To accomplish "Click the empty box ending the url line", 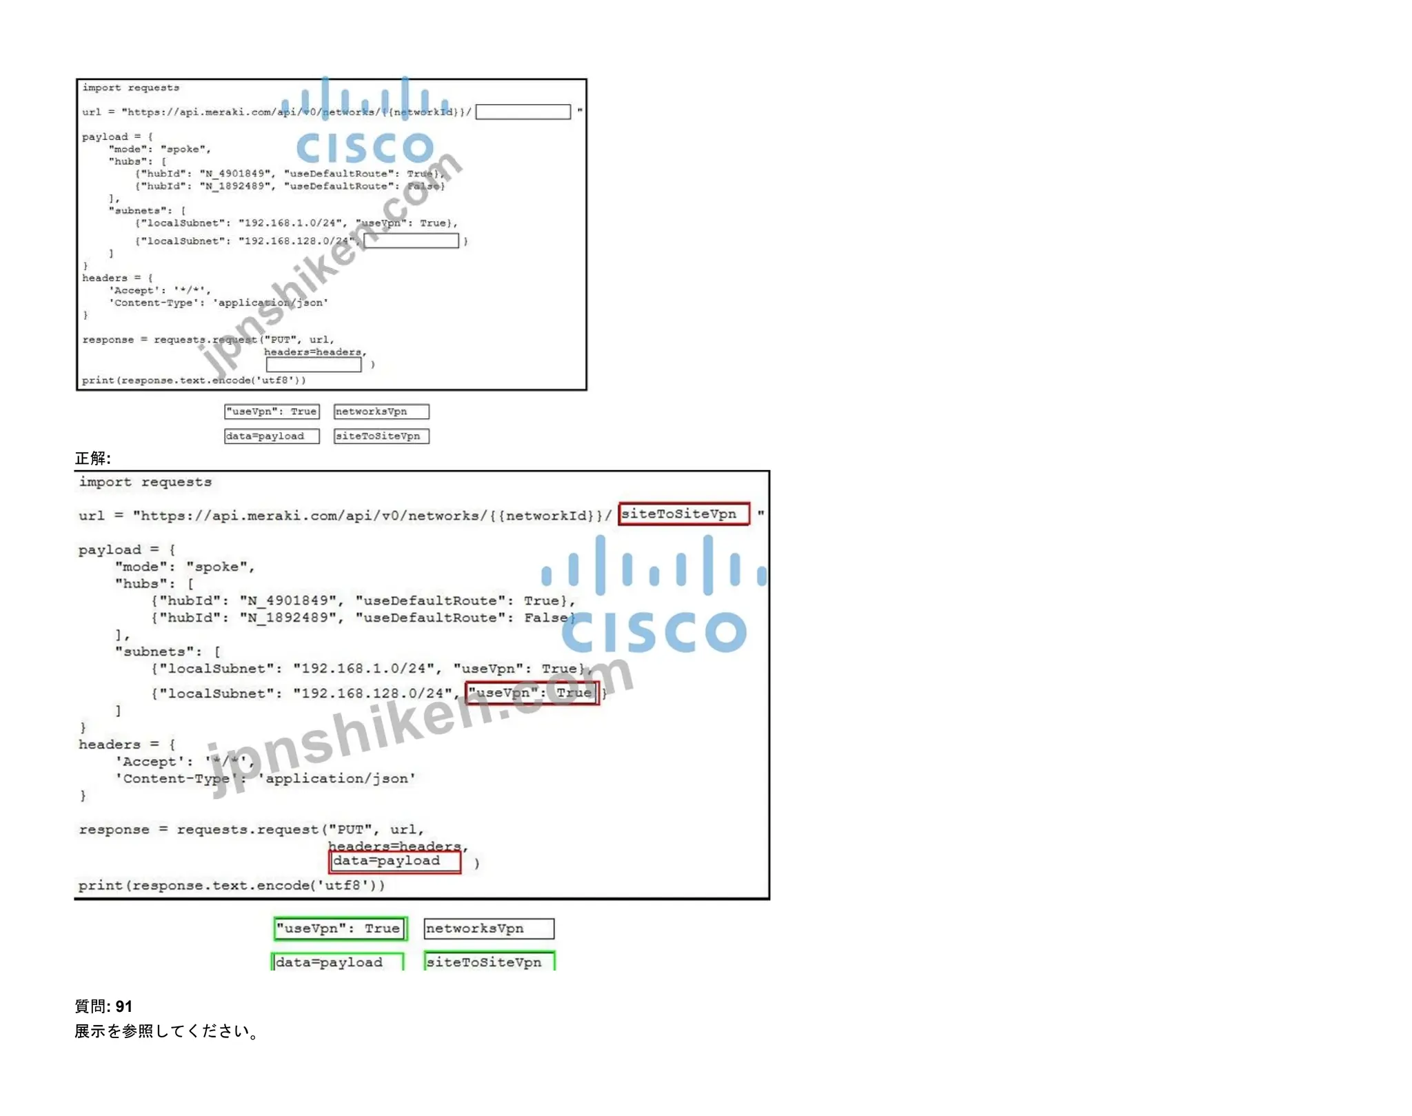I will [523, 112].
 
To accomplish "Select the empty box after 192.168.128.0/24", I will [411, 241].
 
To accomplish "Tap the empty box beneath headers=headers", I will [314, 365].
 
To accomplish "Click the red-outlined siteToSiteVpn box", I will [683, 514].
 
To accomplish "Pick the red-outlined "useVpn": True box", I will [532, 693].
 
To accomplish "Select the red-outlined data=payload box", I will [394, 861].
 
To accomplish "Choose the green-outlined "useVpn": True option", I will [340, 929].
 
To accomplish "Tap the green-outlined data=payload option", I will [337, 962].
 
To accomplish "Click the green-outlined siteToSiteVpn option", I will [489, 962].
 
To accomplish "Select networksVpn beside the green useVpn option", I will [489, 929].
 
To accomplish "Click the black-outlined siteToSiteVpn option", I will [381, 436].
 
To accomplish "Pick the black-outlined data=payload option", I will [272, 436].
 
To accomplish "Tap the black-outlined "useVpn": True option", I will [272, 412].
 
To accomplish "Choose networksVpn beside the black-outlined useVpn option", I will [381, 412].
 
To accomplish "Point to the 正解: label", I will [93, 458].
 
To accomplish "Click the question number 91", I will [123, 1006].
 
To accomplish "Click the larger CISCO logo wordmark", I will [654, 631].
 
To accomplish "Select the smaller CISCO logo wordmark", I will [365, 147].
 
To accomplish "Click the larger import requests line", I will [145, 482].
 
